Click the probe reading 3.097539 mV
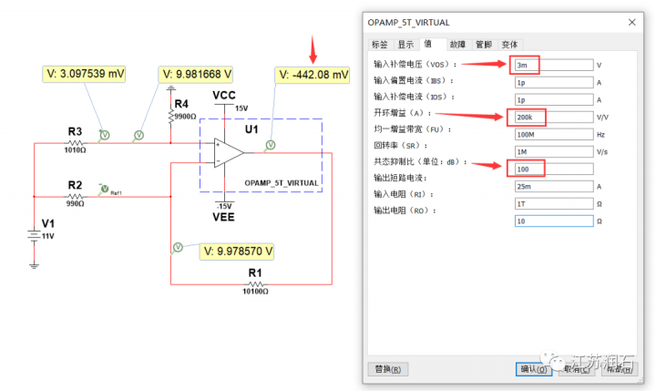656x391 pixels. click(85, 74)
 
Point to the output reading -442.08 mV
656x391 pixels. click(313, 75)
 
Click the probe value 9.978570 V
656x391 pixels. click(239, 250)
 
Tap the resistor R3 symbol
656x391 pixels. click(75, 143)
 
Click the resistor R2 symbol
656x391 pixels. click(75, 197)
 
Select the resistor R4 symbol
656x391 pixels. click(171, 116)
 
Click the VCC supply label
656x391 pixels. click(225, 95)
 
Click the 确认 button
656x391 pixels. click(531, 368)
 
